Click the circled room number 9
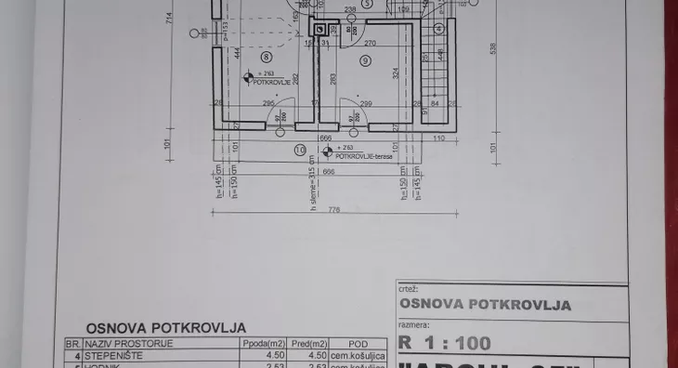(x=364, y=60)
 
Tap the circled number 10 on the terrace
(x=300, y=149)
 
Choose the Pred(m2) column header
(x=308, y=342)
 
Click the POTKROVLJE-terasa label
(x=364, y=156)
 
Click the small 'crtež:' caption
(x=407, y=289)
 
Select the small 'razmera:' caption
(x=412, y=326)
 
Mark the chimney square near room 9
(x=321, y=30)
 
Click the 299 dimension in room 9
(x=365, y=103)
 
